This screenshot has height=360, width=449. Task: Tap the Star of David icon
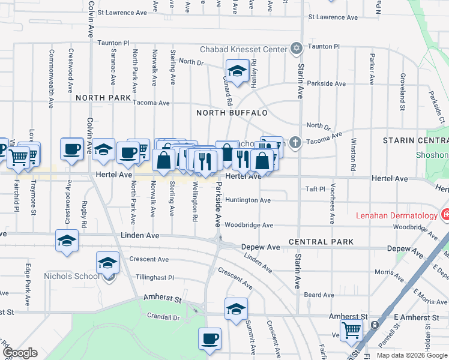296,47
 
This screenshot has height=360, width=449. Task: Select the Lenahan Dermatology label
397,215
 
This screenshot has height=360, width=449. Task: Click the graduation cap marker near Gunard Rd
238,71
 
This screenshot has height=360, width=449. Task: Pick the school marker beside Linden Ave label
67,241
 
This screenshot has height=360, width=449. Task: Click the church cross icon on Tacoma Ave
295,143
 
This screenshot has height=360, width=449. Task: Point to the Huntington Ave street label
249,200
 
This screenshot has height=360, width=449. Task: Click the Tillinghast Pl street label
154,278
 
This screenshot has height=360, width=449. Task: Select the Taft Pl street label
314,188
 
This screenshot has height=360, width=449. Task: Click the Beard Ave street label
319,295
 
